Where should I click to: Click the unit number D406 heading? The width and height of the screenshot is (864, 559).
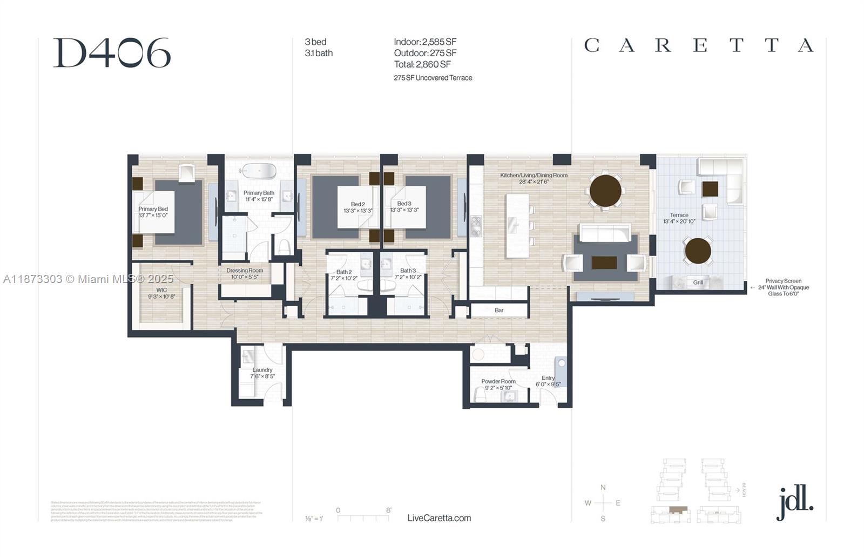click(x=112, y=53)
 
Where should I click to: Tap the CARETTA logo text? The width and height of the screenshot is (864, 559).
click(x=698, y=45)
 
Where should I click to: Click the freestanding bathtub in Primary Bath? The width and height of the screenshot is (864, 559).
click(x=259, y=171)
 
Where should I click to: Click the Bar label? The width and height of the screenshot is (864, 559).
click(x=499, y=310)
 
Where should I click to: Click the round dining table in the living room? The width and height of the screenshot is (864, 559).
click(x=605, y=190)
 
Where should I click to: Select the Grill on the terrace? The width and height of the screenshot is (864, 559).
click(x=698, y=282)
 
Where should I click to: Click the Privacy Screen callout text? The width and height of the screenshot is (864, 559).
click(x=783, y=287)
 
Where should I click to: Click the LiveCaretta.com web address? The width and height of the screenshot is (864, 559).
click(x=439, y=518)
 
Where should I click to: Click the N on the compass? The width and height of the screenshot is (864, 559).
click(x=603, y=487)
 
